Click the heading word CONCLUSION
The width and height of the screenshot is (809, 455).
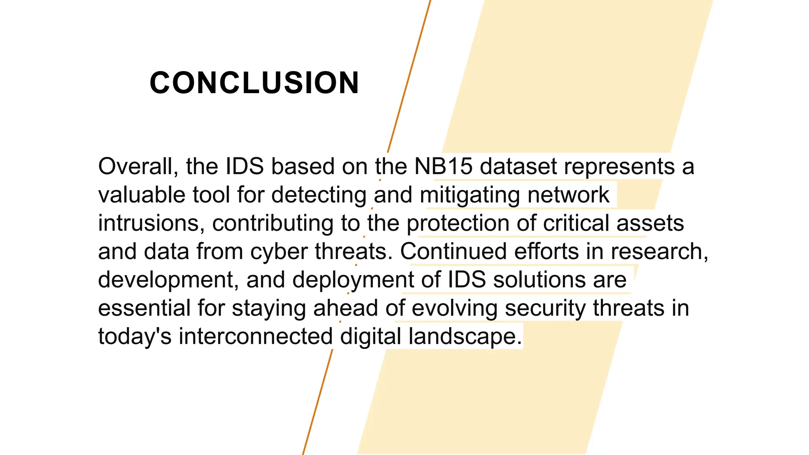(x=254, y=83)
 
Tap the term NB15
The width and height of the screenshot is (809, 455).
(x=443, y=166)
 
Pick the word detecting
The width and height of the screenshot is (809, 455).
(x=319, y=196)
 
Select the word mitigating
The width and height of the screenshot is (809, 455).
(x=470, y=196)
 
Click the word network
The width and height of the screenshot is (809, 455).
(x=568, y=195)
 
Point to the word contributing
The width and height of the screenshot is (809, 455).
(x=273, y=224)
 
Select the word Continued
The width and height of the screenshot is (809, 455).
(x=453, y=252)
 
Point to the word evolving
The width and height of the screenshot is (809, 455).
(x=454, y=309)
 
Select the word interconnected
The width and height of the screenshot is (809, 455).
(x=256, y=337)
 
